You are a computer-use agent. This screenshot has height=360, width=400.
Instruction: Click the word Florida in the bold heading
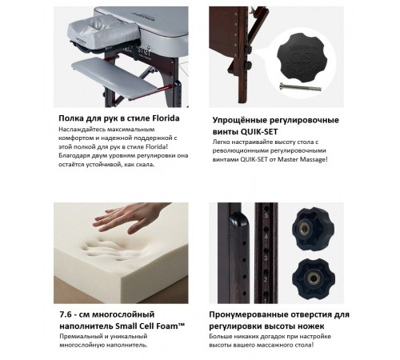click(x=166, y=118)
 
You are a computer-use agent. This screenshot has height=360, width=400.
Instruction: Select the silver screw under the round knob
click(x=300, y=87)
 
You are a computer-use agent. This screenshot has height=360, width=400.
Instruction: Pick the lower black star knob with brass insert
click(x=314, y=278)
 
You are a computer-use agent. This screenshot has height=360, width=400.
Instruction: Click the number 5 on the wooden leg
click(x=266, y=215)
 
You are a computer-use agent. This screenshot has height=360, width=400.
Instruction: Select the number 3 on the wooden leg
click(x=266, y=258)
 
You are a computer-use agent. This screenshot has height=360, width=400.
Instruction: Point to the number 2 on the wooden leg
click(x=266, y=279)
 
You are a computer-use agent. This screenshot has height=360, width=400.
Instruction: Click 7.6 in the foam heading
click(x=66, y=314)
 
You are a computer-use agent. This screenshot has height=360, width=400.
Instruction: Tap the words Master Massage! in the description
click(x=302, y=159)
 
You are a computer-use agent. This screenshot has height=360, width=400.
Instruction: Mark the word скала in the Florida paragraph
click(x=148, y=164)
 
